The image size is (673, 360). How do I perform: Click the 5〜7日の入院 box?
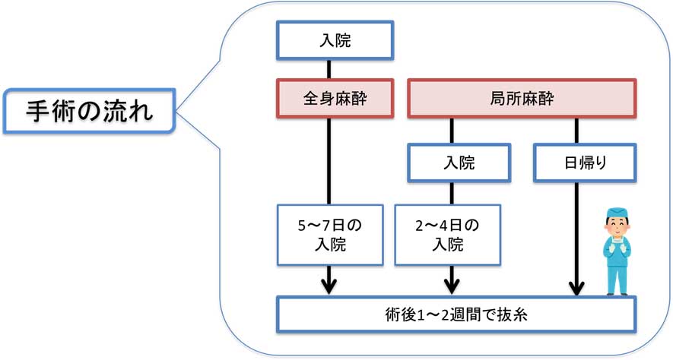click(329, 234)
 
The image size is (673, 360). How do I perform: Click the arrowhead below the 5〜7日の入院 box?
click(329, 286)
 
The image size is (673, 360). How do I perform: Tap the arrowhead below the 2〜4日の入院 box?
click(452, 286)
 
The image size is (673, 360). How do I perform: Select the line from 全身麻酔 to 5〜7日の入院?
click(329, 159)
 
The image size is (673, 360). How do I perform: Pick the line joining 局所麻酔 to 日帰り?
click(576, 131)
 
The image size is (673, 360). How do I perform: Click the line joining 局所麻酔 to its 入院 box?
click(452, 131)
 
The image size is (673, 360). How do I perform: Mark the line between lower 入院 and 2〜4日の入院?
click(452, 192)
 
